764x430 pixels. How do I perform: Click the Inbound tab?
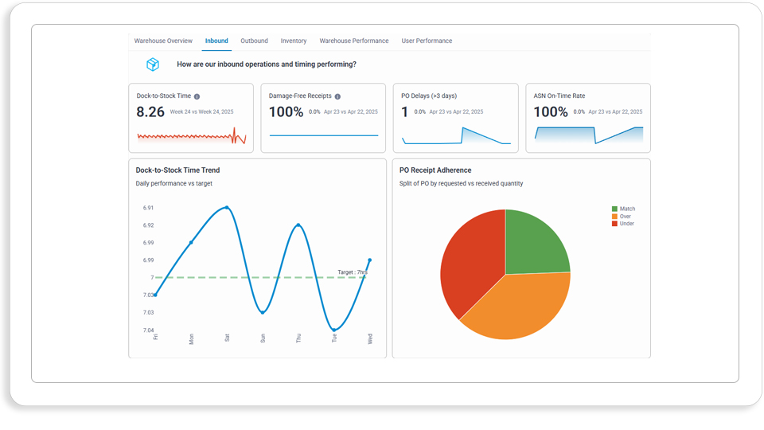point(216,41)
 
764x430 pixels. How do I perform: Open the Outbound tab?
point(254,41)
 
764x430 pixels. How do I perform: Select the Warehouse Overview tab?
point(163,41)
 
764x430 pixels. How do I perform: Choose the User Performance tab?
point(427,41)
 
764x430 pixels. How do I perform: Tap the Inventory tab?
point(294,41)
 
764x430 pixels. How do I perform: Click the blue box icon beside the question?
point(153,64)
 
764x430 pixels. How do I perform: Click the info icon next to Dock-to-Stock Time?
point(197,96)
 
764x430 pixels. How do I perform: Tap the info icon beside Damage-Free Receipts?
point(337,96)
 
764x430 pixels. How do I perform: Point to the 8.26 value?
point(150,112)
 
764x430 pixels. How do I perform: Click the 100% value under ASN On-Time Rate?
point(551,112)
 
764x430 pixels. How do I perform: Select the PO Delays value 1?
point(404,112)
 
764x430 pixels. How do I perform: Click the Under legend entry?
point(623,224)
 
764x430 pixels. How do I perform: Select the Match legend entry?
point(624,209)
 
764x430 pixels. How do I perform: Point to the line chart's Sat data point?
point(227,208)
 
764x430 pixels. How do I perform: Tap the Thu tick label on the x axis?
point(298,338)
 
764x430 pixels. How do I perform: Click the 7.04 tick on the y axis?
point(149,330)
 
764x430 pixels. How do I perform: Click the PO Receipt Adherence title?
point(435,170)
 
